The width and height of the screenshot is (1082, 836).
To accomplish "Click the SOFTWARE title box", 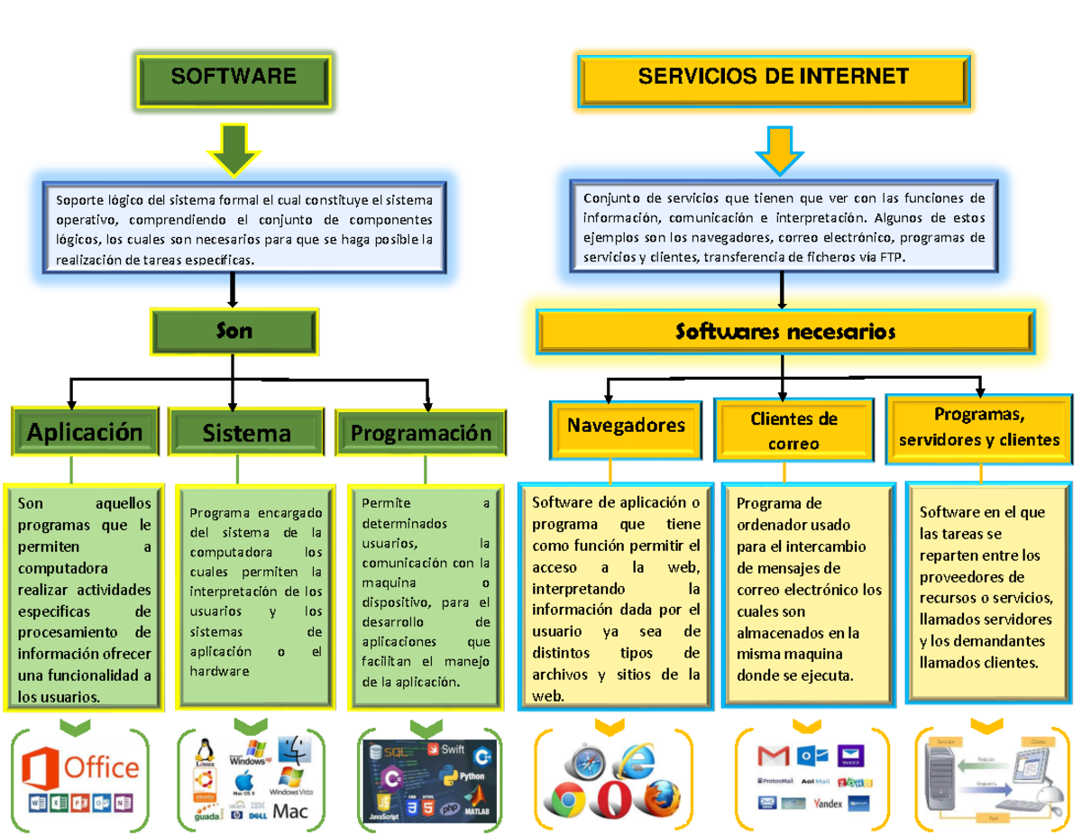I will (234, 77).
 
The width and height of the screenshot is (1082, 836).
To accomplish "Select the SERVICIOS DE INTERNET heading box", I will (774, 77).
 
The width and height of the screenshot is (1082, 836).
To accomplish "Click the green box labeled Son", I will (234, 331).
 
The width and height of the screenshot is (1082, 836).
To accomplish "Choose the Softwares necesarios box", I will (785, 333).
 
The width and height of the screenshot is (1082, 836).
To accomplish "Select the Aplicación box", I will (85, 432).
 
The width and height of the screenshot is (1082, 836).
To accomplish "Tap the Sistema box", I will (246, 434).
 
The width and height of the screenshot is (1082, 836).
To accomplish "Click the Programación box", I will (420, 433).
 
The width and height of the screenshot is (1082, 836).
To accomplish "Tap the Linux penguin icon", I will (206, 749).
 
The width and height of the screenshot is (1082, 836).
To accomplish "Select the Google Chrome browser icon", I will (568, 799).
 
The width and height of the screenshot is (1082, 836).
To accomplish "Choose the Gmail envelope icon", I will (773, 754).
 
